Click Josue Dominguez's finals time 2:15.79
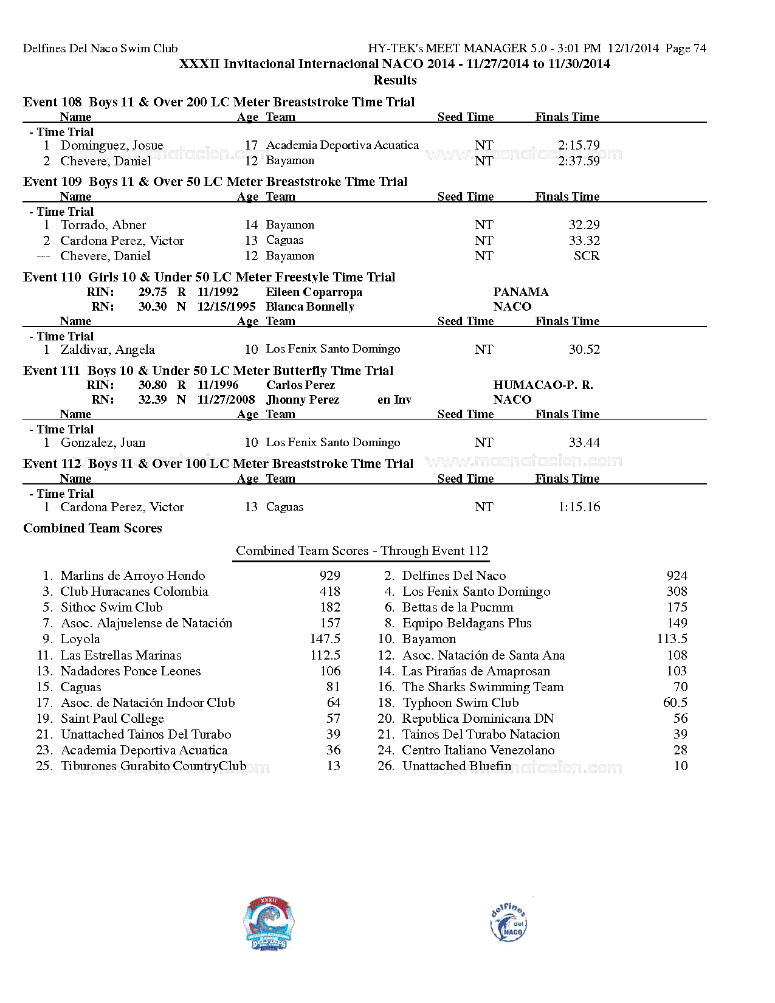(x=578, y=145)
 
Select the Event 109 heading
(x=215, y=182)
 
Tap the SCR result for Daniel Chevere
(x=586, y=256)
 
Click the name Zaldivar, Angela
(x=108, y=350)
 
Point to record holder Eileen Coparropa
(x=314, y=292)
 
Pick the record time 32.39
(x=152, y=399)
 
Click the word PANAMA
(x=520, y=292)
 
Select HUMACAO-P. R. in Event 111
(x=543, y=385)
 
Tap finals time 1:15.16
(x=578, y=507)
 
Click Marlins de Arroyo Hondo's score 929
(x=329, y=576)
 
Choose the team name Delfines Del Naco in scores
(x=453, y=576)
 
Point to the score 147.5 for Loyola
(x=325, y=639)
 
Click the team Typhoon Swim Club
(x=460, y=703)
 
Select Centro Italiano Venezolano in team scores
(x=478, y=750)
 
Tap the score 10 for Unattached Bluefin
(x=680, y=766)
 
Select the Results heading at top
(x=394, y=80)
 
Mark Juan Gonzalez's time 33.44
(x=584, y=443)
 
